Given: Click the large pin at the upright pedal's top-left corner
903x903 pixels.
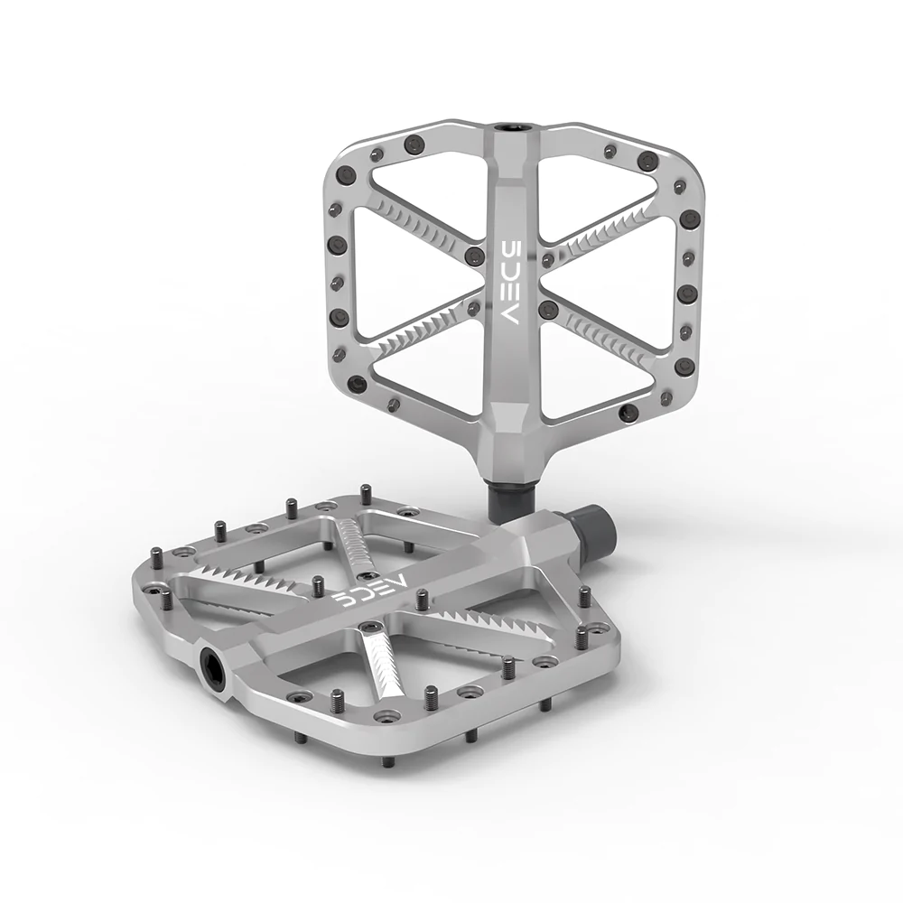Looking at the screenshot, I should (414, 142).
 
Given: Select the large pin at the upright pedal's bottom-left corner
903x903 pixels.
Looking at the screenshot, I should (361, 384).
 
